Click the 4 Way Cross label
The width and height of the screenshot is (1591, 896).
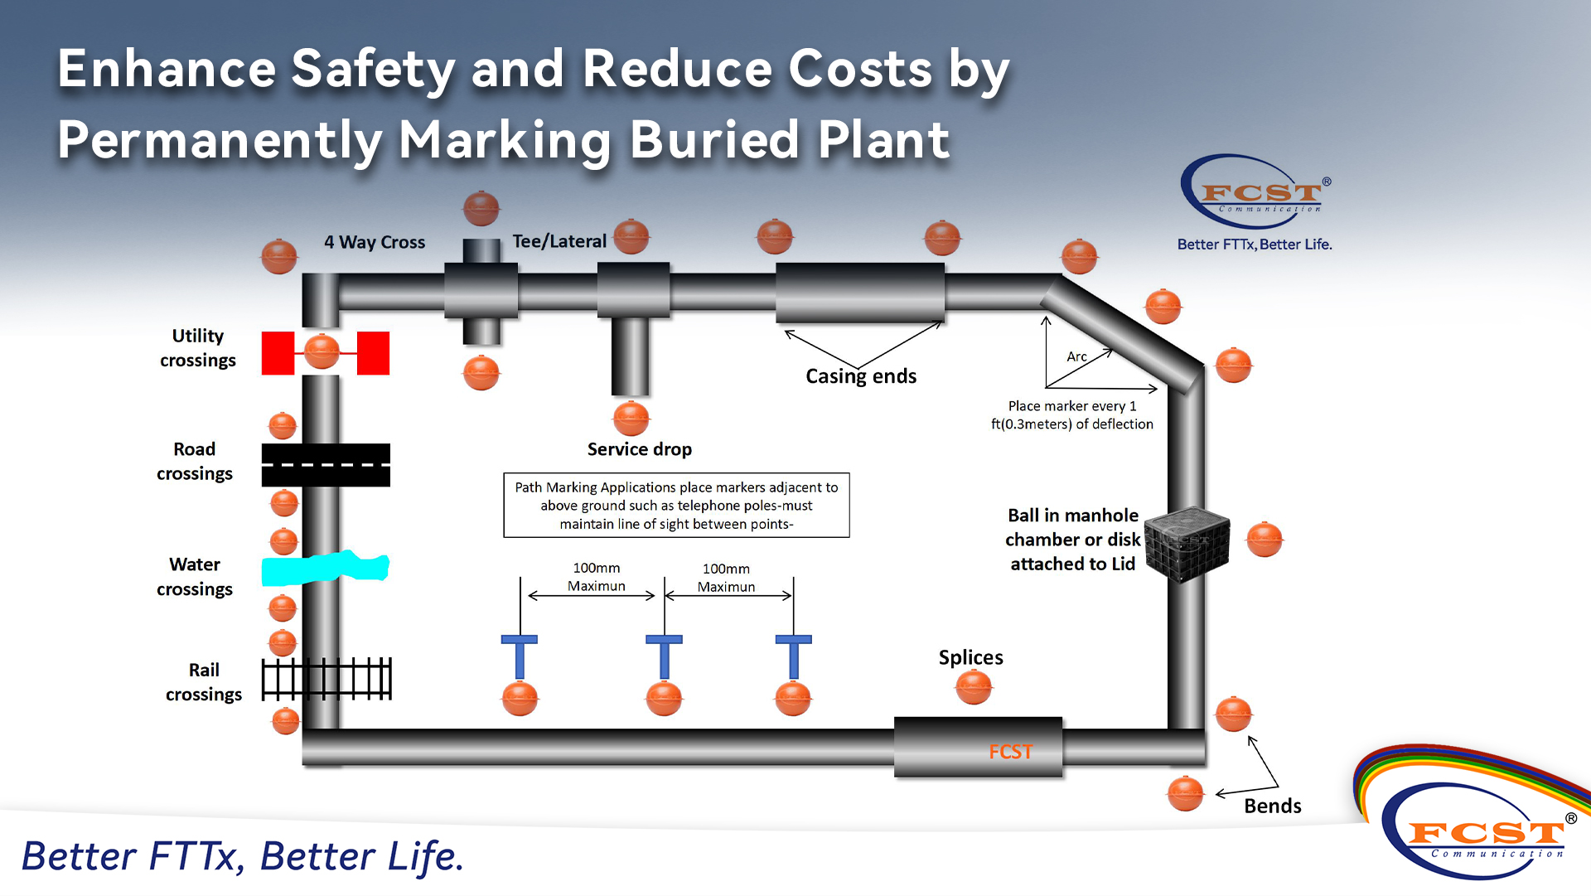[x=375, y=242]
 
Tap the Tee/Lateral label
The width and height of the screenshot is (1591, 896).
[x=559, y=241]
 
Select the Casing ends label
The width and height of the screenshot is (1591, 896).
[x=861, y=376]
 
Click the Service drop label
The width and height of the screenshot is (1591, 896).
[x=639, y=449]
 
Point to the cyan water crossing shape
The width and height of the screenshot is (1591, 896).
[x=325, y=569]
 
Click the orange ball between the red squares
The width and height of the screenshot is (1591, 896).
[x=322, y=352]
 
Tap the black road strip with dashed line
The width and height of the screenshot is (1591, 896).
[x=326, y=465]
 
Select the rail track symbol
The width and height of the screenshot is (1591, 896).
[x=326, y=680]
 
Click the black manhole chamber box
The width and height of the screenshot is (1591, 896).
[x=1187, y=544]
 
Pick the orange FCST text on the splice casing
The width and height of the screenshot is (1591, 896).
[x=1010, y=752]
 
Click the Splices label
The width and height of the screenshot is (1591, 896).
[x=970, y=657]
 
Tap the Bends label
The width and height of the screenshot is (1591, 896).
[x=1272, y=806]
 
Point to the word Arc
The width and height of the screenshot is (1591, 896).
[x=1076, y=356]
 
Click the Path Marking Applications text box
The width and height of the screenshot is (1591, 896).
[x=676, y=506]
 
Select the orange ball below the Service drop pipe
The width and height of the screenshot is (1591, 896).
[x=631, y=418]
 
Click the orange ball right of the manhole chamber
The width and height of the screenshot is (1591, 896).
[x=1264, y=540]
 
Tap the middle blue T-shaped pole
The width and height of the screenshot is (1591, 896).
[x=664, y=656]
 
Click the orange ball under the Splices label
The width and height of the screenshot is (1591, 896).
[x=974, y=687]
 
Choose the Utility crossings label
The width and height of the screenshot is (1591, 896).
[x=198, y=348]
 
